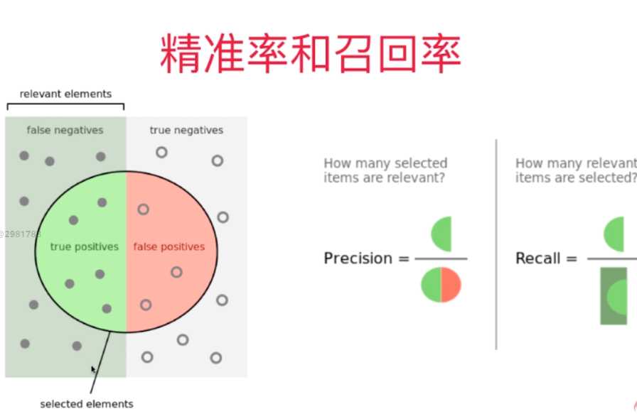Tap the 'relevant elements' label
pyautogui.click(x=65, y=94)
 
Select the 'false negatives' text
pyautogui.click(x=65, y=130)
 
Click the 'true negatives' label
pyautogui.click(x=186, y=130)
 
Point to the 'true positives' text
pyautogui.click(x=84, y=246)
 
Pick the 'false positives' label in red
pyautogui.click(x=168, y=246)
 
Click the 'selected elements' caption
pyautogui.click(x=86, y=404)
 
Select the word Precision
pyautogui.click(x=358, y=258)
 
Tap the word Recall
pyautogui.click(x=537, y=258)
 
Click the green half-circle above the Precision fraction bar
pyautogui.click(x=443, y=234)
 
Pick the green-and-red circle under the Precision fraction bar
pyautogui.click(x=441, y=285)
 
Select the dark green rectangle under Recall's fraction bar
pyautogui.click(x=613, y=296)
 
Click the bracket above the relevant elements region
pyautogui.click(x=65, y=106)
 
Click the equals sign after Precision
pyautogui.click(x=403, y=258)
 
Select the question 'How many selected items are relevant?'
pyautogui.click(x=385, y=170)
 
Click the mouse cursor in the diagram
pyautogui.click(x=93, y=370)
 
